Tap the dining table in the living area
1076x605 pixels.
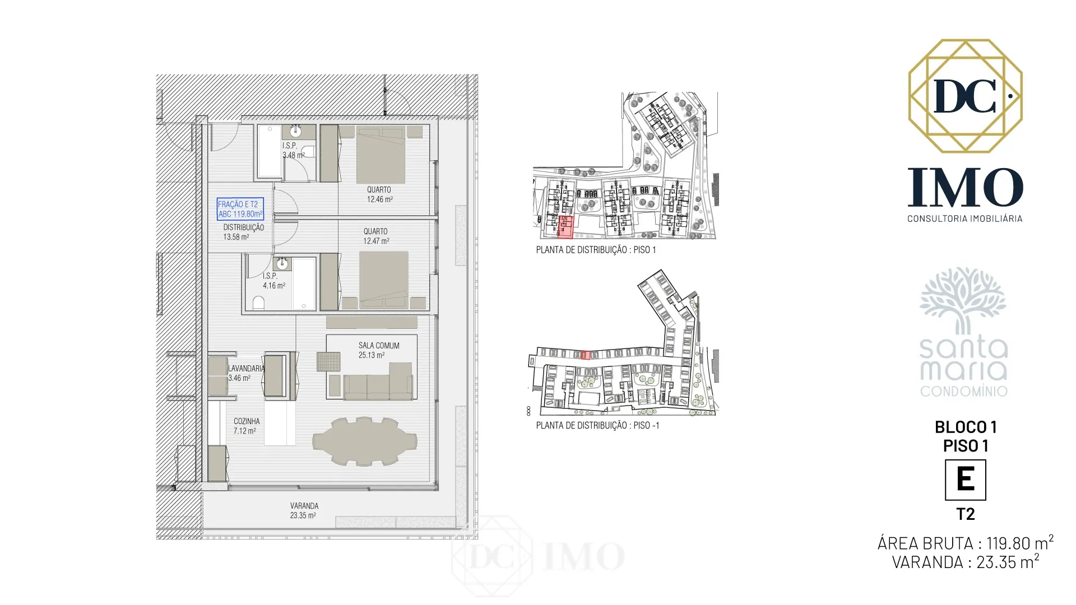(364, 441)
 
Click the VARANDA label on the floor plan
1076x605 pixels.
(304, 506)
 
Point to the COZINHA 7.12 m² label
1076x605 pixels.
(246, 426)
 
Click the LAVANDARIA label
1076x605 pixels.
(246, 369)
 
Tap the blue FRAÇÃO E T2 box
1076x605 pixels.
(240, 209)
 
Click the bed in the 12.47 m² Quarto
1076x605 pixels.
(384, 280)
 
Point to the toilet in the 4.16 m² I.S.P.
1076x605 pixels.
(258, 303)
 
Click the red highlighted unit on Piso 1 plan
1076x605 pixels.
(566, 227)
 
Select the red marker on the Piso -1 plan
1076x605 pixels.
(585, 355)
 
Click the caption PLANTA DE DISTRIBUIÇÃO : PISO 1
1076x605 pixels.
(596, 250)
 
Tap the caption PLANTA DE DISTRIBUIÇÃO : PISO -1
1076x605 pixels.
(597, 425)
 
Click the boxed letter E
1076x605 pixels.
(965, 480)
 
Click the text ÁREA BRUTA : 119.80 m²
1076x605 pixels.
(965, 543)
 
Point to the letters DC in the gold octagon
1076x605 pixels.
(964, 96)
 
